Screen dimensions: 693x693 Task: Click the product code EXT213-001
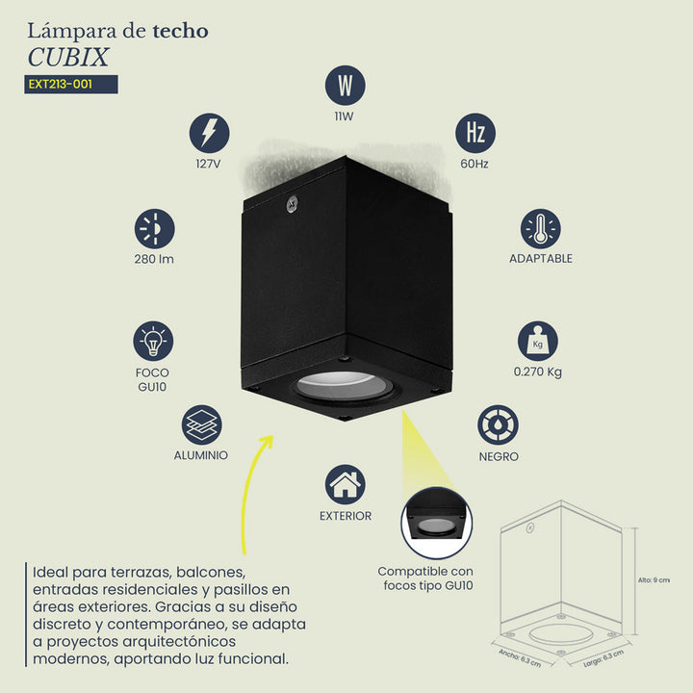point(61,84)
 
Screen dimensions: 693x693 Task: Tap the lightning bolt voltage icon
point(210,133)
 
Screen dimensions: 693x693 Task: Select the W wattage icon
point(346,86)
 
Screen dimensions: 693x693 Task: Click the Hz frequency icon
point(475,133)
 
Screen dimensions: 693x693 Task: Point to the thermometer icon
point(541,229)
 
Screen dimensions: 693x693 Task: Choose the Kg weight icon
point(538,341)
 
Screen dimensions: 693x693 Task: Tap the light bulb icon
point(153,341)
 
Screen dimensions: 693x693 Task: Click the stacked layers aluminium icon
point(202,424)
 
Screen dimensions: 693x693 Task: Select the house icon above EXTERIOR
point(346,484)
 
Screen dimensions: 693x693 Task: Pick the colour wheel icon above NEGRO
point(499,424)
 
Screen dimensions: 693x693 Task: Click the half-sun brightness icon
point(155,229)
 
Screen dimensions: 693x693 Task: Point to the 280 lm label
point(154,259)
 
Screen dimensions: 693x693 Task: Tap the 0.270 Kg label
point(538,372)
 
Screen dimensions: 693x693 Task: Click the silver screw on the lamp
point(292,204)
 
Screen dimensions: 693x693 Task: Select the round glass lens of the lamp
point(343,384)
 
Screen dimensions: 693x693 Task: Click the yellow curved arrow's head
point(267,442)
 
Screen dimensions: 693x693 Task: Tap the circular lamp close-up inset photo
point(437,523)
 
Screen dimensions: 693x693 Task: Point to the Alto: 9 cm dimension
point(654,580)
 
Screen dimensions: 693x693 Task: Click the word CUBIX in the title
point(68,58)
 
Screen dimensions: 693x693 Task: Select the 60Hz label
point(475,164)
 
